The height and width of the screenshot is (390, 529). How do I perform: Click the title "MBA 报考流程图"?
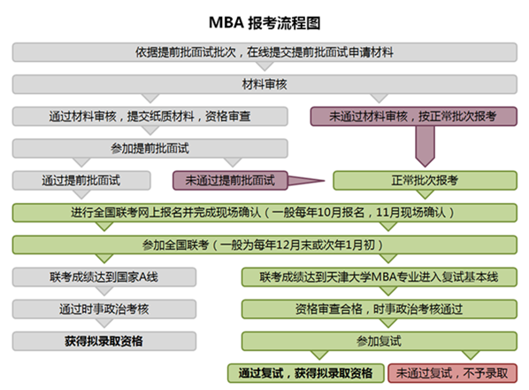[264, 23]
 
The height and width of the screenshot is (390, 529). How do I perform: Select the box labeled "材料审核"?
[264, 84]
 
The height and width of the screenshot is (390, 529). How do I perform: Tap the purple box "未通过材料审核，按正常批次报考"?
[414, 116]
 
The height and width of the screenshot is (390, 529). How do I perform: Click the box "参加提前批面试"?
[150, 148]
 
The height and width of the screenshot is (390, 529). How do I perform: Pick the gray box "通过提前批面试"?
[81, 181]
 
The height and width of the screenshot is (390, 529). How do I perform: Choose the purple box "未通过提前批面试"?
[230, 181]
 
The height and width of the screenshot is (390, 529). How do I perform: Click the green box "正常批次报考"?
[425, 181]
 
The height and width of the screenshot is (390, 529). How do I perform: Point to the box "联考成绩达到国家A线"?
[104, 277]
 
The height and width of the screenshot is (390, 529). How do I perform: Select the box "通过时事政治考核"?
[104, 309]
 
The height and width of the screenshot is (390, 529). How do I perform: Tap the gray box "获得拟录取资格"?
[104, 341]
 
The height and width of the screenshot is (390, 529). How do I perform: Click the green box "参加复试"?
[379, 341]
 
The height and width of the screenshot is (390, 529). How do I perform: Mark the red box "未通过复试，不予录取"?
[452, 373]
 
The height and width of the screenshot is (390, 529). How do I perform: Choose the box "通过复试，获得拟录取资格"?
[306, 373]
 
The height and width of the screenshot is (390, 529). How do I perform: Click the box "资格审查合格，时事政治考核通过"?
[379, 309]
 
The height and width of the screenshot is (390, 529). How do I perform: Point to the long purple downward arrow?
[425, 146]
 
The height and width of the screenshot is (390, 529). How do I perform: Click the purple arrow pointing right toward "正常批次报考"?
[305, 181]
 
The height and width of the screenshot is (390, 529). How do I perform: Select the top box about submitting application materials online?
[264, 52]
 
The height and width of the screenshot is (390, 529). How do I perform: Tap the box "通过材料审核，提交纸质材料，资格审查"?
[150, 116]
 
